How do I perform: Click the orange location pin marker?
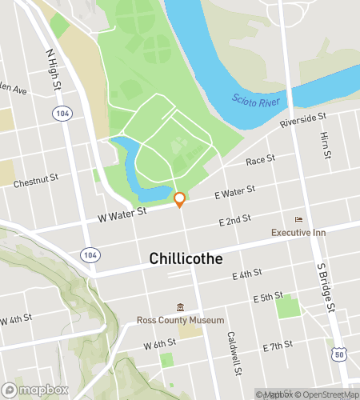(x=180, y=198)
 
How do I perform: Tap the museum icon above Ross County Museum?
(x=180, y=307)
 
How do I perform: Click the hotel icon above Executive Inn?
(x=299, y=219)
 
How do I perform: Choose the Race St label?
(x=261, y=161)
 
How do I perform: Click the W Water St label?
(x=122, y=213)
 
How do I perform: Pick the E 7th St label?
(x=278, y=346)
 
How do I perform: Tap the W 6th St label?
(x=159, y=344)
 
